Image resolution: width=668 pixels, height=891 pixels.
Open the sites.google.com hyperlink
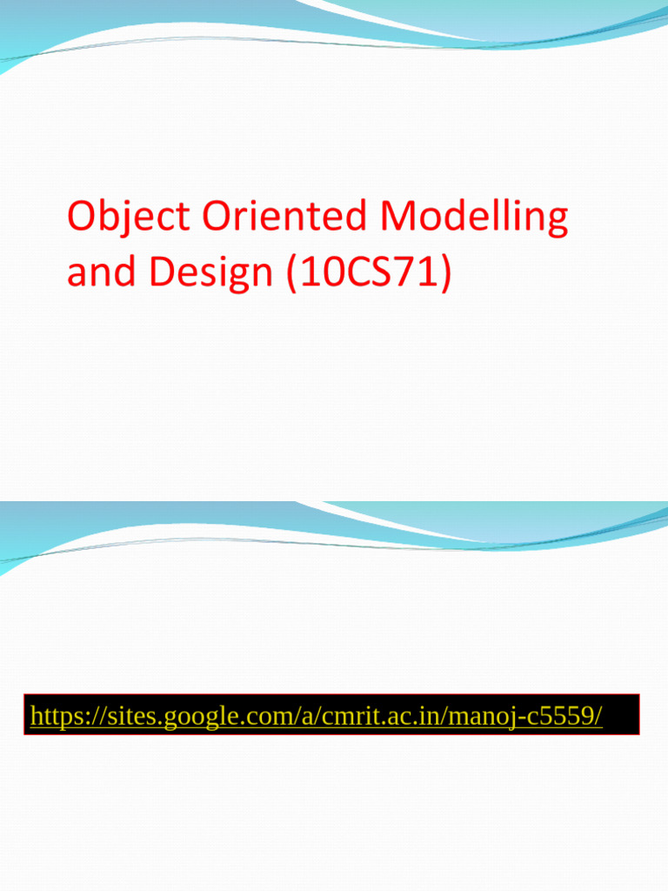click(317, 716)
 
